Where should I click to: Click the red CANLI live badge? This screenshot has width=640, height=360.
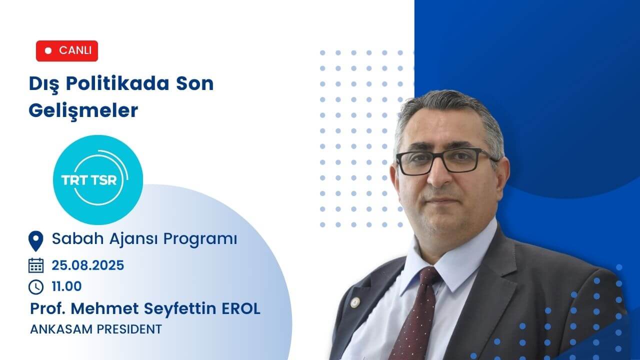point(67,51)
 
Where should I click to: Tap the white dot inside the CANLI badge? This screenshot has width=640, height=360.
point(48,51)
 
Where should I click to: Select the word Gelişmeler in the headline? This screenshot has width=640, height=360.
point(83,111)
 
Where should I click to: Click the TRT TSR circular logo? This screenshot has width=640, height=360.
point(98,179)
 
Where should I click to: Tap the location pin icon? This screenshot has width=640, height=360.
point(35,241)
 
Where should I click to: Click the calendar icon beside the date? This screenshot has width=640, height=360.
point(36,265)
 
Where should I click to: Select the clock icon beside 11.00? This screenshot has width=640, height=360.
point(36,287)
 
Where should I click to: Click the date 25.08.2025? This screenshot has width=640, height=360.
point(88,265)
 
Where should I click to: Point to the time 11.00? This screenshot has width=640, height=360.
point(66,287)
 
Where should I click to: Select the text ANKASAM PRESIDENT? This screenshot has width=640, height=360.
point(96,329)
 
